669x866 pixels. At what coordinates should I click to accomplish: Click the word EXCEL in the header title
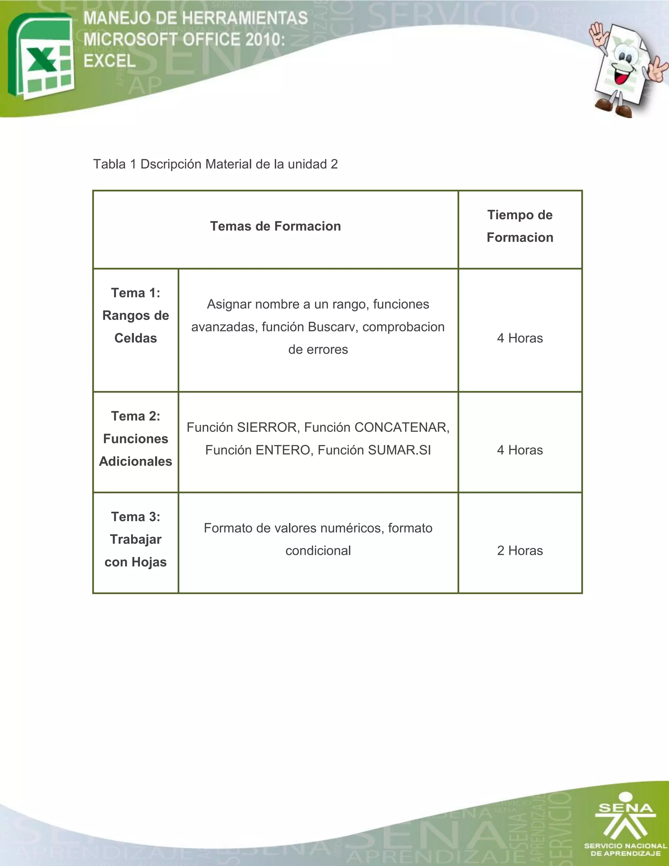pos(110,61)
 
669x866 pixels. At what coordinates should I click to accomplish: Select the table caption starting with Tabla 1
pos(215,164)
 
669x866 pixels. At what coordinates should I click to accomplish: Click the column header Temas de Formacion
pos(275,226)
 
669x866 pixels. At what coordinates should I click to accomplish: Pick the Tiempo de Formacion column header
pos(520,226)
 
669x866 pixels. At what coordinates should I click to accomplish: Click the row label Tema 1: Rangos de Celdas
pos(136,316)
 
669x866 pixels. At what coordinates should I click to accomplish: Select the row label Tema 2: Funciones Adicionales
pos(136,439)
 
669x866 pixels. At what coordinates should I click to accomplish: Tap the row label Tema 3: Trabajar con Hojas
pos(136,539)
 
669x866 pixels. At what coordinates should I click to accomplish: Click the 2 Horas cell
pos(520,550)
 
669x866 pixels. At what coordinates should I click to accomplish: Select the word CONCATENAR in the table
pos(401,427)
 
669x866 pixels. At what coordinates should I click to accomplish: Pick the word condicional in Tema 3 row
pos(318,551)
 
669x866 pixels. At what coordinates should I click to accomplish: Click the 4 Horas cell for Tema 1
pos(520,338)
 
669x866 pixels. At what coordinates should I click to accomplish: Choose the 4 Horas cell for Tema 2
pos(520,450)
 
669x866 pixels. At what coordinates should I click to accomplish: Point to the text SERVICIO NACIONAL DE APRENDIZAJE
pos(626,850)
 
